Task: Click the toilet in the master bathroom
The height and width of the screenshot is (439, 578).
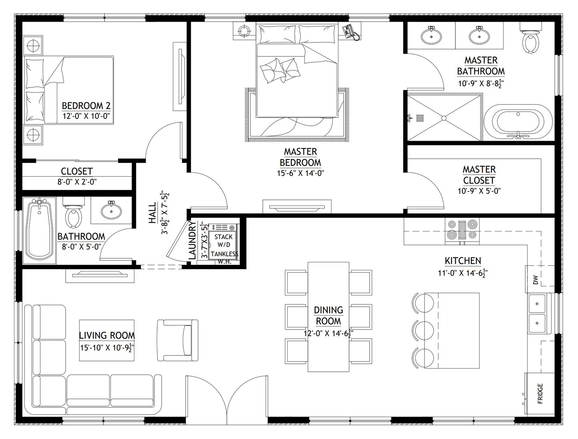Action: tap(530, 42)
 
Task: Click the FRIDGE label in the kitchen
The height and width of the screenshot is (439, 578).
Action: tap(540, 393)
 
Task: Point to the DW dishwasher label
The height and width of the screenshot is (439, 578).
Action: tap(536, 280)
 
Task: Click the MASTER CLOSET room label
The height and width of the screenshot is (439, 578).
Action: tap(479, 175)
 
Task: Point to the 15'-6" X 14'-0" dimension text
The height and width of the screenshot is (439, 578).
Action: tap(300, 173)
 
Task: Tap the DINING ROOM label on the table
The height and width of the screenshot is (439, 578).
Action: tap(328, 315)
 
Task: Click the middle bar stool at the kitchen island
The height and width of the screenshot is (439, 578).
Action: tap(422, 330)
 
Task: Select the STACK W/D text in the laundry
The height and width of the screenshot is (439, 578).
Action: tap(223, 241)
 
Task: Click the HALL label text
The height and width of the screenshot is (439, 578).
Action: tap(152, 212)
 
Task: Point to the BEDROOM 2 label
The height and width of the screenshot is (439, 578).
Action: tap(86, 106)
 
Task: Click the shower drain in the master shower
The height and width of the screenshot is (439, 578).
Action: tap(443, 118)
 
